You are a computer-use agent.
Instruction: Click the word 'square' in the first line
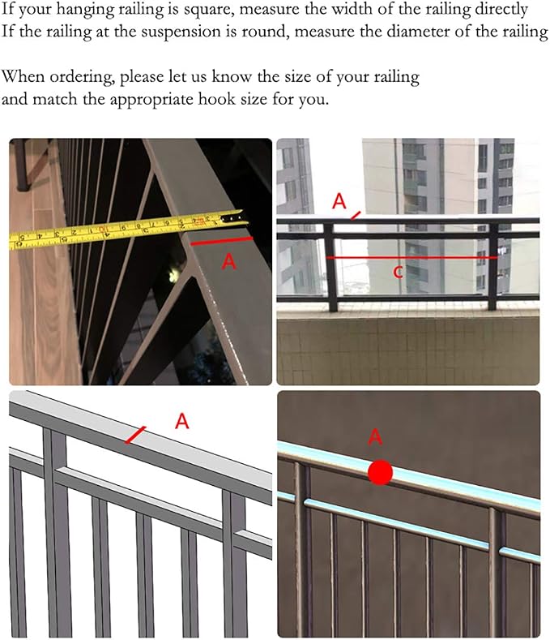(x=208, y=9)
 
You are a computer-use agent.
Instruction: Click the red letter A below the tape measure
(x=228, y=261)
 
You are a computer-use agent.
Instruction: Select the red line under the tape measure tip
(x=221, y=241)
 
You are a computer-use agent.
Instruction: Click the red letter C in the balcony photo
(x=399, y=273)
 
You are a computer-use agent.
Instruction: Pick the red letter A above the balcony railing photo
(x=339, y=201)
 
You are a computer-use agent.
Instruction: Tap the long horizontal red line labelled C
(x=411, y=258)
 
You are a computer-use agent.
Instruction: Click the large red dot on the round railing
(x=380, y=473)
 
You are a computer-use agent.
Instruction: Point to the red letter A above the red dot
(x=375, y=436)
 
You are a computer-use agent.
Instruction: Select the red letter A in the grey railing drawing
(x=181, y=421)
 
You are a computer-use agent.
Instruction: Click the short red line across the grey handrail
(x=135, y=435)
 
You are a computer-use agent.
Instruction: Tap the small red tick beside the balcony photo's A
(x=356, y=216)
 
